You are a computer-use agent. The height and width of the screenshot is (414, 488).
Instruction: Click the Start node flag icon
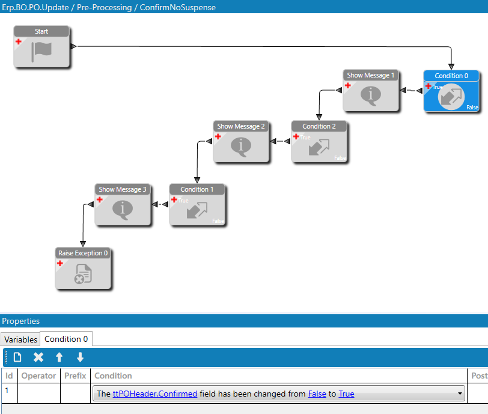tap(41, 50)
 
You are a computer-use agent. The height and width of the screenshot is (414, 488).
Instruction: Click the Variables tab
tap(21, 339)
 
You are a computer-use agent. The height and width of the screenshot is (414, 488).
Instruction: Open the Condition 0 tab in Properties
tap(66, 339)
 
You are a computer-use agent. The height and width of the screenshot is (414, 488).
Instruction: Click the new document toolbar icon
tap(17, 358)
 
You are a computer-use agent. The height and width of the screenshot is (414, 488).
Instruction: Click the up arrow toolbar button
tap(59, 358)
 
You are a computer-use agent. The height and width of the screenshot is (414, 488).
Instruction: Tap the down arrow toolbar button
tap(80, 358)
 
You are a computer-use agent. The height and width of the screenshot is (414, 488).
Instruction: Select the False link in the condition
tap(317, 394)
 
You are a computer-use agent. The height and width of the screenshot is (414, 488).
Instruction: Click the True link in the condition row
tap(346, 394)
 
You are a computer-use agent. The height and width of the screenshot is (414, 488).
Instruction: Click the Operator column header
tap(38, 376)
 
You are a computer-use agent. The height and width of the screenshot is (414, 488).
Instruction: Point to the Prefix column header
tap(75, 376)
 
